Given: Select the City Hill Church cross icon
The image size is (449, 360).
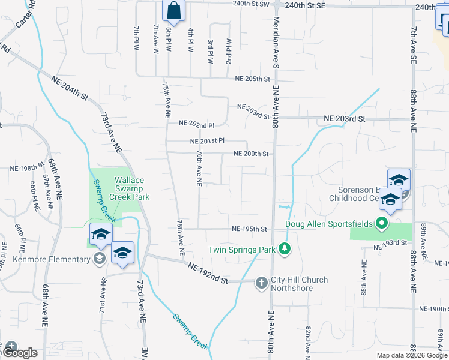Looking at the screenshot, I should [261, 282].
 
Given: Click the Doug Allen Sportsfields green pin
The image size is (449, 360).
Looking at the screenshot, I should [381, 224].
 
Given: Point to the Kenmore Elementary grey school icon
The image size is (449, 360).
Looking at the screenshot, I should [100, 259].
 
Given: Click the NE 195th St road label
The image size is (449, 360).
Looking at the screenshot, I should [249, 229].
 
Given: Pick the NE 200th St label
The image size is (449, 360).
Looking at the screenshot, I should [250, 154].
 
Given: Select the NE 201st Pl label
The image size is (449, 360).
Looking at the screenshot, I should [206, 141].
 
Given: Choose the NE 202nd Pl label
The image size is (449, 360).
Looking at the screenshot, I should [197, 125].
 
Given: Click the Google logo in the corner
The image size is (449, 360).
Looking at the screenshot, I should [20, 352].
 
